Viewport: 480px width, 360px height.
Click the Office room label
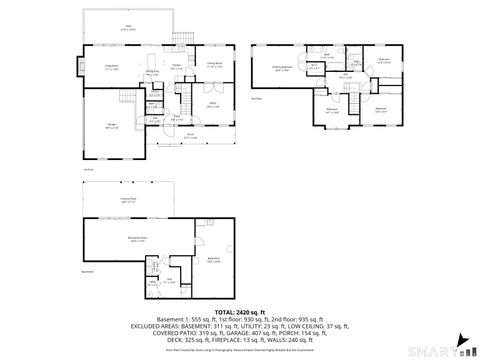click(x=213, y=104)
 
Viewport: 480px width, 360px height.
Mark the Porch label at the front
click(x=190, y=136)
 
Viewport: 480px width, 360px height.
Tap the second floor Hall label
click(x=346, y=77)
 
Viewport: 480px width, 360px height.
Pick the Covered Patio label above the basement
click(x=127, y=200)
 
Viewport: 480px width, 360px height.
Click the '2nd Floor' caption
click(x=256, y=98)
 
